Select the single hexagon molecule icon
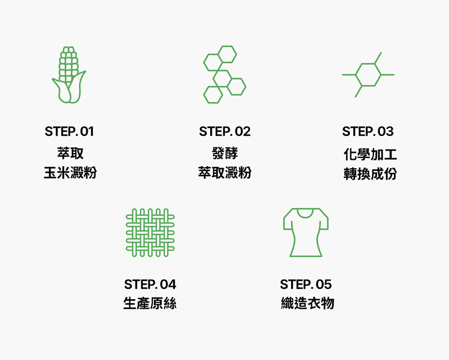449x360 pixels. [x=368, y=75]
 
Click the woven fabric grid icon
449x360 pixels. [x=150, y=233]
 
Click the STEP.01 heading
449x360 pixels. [x=69, y=132]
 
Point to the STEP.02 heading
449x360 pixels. [x=225, y=132]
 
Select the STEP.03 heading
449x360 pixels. [x=368, y=132]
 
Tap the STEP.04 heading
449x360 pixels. [x=150, y=284]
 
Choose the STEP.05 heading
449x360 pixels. [x=306, y=284]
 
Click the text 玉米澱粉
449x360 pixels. [x=70, y=173]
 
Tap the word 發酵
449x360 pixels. [x=225, y=153]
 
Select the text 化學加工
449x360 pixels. [x=370, y=155]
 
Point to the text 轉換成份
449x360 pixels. [x=370, y=174]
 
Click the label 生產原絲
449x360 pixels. [x=150, y=303]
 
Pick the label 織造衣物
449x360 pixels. [x=307, y=303]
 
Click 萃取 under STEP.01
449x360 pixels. [x=70, y=153]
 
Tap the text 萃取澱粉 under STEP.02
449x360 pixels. [x=225, y=173]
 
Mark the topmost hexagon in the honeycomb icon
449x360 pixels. [x=228, y=54]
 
